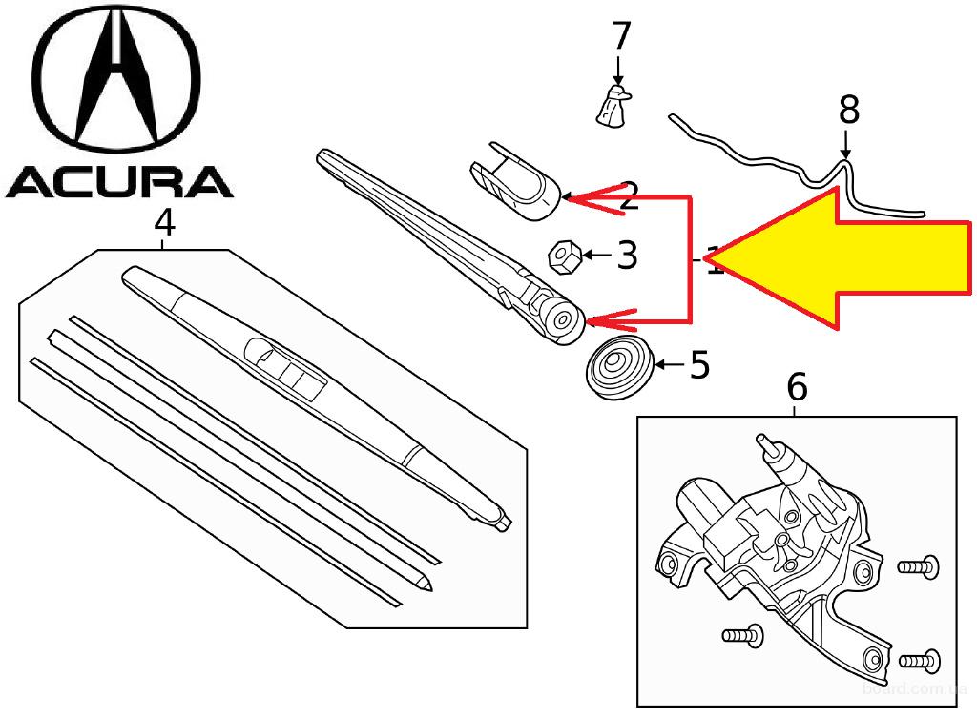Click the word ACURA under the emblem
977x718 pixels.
[118, 181]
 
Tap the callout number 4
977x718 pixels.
[164, 223]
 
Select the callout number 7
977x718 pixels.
[620, 37]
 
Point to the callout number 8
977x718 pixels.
[847, 110]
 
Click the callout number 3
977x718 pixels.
[626, 255]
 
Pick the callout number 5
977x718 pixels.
[699, 364]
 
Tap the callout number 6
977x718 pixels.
[797, 387]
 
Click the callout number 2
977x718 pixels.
[628, 197]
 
